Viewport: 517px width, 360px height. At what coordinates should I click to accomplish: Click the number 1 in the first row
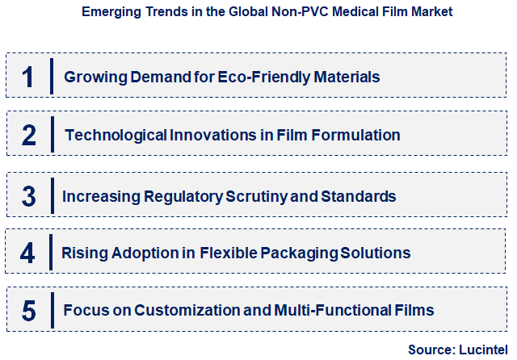click(x=28, y=77)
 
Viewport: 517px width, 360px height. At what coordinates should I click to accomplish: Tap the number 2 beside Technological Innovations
click(x=28, y=135)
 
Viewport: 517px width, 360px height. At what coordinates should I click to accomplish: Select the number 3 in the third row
click(x=28, y=195)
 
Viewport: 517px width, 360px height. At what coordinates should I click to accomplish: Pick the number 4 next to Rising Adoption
click(x=28, y=253)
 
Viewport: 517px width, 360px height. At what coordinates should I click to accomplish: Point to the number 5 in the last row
click(x=28, y=311)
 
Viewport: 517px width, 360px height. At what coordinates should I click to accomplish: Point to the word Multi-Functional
click(x=330, y=311)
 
